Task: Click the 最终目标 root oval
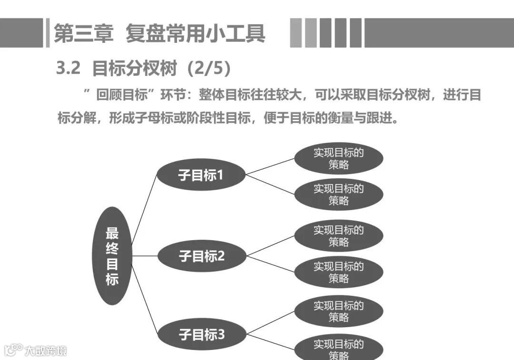pyautogui.click(x=112, y=256)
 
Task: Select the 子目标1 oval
pyautogui.click(x=201, y=175)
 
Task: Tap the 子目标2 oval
pyautogui.click(x=201, y=256)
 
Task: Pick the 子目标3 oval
pyautogui.click(x=201, y=334)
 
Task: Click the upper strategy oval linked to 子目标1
pyautogui.click(x=338, y=159)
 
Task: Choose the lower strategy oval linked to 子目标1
pyautogui.click(x=338, y=195)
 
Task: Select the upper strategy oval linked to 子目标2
pyautogui.click(x=338, y=236)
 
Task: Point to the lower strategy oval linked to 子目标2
pyautogui.click(x=338, y=272)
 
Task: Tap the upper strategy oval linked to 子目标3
pyautogui.click(x=338, y=311)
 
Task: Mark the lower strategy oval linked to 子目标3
pyautogui.click(x=338, y=349)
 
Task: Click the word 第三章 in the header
pyautogui.click(x=84, y=34)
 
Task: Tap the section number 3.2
pyautogui.click(x=68, y=68)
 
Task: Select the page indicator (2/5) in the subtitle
pyautogui.click(x=209, y=68)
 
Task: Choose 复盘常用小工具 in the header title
pyautogui.click(x=195, y=34)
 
